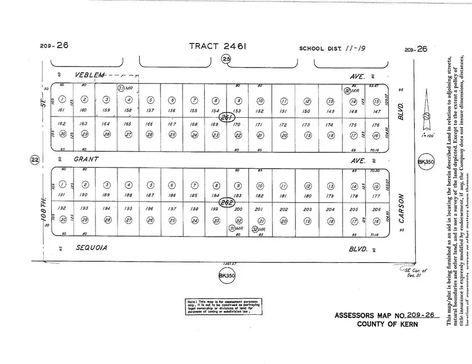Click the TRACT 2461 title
click(x=218, y=47)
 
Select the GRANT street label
click(x=87, y=158)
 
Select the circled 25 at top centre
click(x=226, y=59)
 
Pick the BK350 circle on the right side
click(x=424, y=162)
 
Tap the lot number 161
click(x=62, y=110)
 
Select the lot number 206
click(x=376, y=209)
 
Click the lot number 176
click(x=376, y=125)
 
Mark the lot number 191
click(x=62, y=195)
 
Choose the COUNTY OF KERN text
click(x=388, y=324)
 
